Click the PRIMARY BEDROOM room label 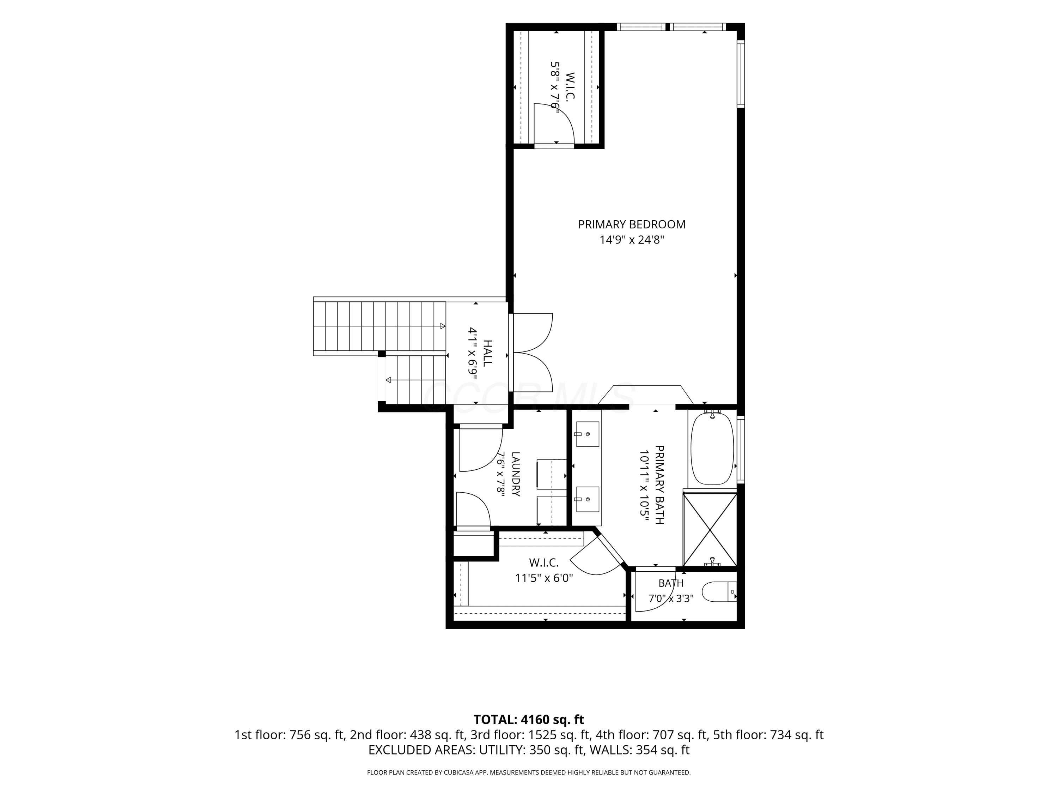point(631,224)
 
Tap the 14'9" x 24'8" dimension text point(632,240)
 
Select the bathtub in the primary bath point(712,449)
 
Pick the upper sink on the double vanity point(587,434)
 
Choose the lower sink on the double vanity point(587,499)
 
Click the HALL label point(487,353)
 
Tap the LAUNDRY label point(516,474)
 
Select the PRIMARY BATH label point(659,485)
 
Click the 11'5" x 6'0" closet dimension point(544,578)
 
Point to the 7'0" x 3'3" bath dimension point(670,598)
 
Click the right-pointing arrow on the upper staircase point(443,326)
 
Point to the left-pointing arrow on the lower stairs point(388,380)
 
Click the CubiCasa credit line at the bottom point(529,772)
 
